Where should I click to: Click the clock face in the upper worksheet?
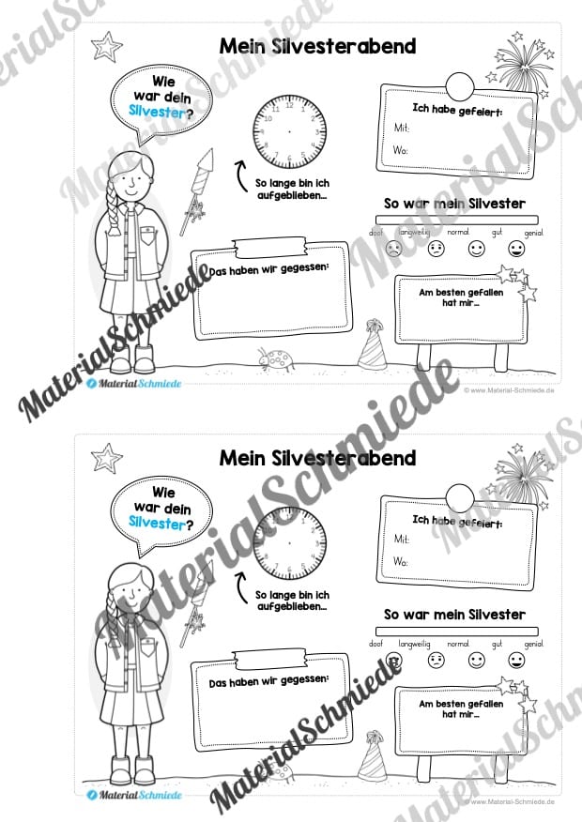coord(288,132)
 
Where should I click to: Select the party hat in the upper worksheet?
coord(374,342)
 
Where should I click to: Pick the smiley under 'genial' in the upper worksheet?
coord(516,250)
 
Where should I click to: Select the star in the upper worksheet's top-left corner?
coord(110,44)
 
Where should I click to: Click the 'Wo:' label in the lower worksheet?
coord(401,562)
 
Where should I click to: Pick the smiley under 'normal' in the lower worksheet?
coord(476,662)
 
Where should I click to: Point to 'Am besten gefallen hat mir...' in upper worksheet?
coord(461,299)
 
